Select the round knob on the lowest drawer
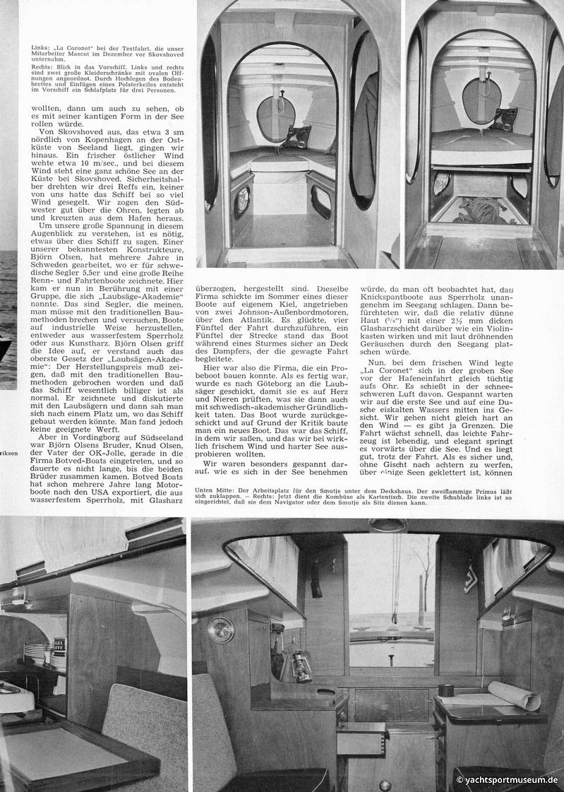point(385,785)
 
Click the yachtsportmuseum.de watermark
point(508,781)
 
